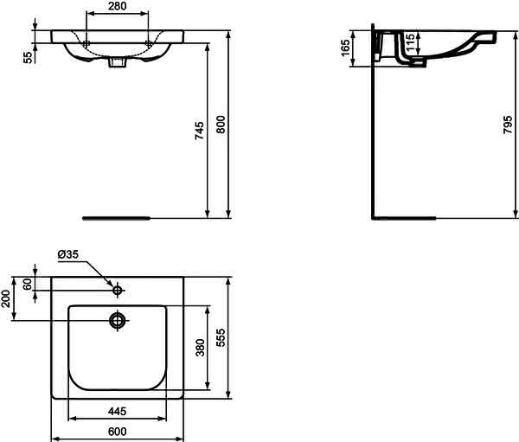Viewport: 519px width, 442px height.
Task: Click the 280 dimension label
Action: (117, 6)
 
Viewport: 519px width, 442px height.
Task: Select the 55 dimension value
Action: (29, 58)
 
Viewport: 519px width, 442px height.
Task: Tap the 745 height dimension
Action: (199, 131)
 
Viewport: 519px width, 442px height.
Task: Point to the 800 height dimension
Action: (221, 125)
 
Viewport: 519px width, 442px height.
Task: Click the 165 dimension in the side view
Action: (345, 48)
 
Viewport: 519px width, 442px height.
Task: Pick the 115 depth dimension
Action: (410, 42)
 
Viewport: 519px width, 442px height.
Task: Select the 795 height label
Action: (508, 125)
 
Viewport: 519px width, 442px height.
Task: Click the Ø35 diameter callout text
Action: (67, 254)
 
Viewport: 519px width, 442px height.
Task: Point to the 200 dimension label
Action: (6, 298)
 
